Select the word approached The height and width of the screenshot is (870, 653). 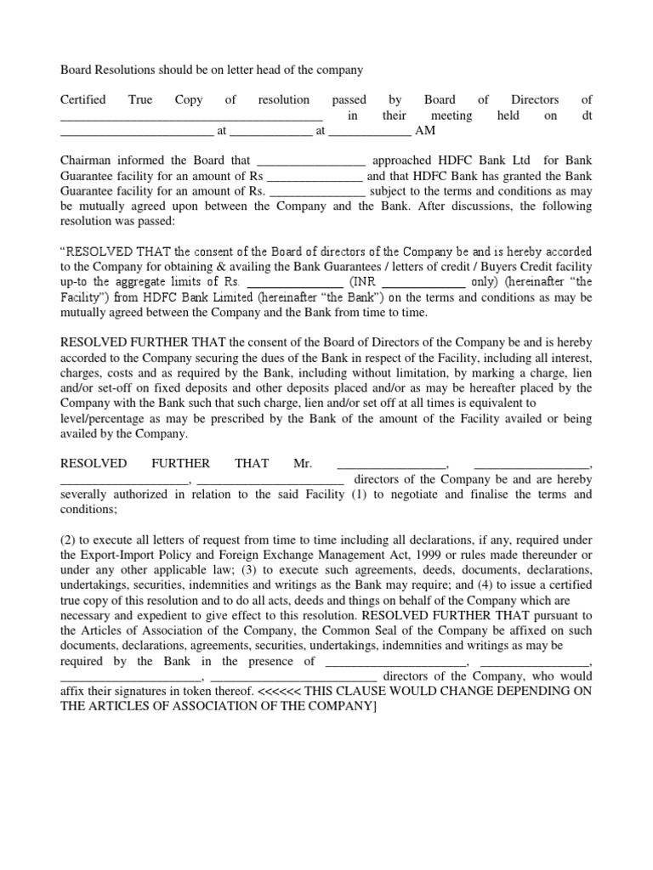405,161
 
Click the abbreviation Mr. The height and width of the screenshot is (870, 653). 304,464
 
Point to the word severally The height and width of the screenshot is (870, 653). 88,494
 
